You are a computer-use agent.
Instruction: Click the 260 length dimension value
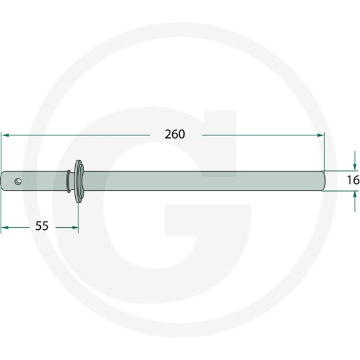click(x=175, y=134)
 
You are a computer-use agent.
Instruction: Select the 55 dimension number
click(x=42, y=226)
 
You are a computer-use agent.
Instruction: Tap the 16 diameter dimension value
click(x=353, y=180)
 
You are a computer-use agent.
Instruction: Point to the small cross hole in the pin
click(x=18, y=181)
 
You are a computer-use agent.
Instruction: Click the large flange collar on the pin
click(x=79, y=181)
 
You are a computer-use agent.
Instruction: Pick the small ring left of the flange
click(x=69, y=181)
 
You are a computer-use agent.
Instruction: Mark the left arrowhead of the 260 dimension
click(x=5, y=135)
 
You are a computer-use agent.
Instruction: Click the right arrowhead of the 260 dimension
click(x=321, y=135)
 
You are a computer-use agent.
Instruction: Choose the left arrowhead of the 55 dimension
click(x=5, y=227)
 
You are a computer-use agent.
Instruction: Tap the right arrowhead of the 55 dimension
click(x=75, y=227)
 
